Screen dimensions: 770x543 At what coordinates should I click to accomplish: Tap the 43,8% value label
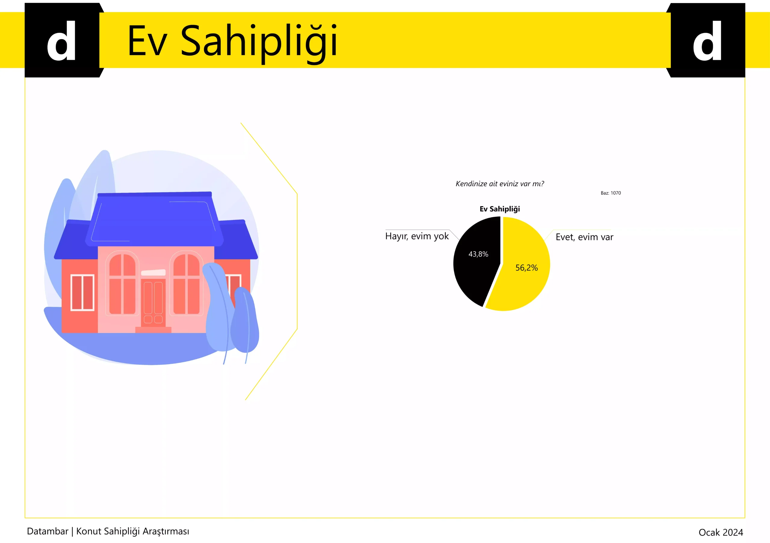(478, 254)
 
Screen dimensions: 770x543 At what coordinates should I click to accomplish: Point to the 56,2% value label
(527, 268)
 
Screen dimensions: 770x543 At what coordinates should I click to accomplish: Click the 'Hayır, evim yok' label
(417, 236)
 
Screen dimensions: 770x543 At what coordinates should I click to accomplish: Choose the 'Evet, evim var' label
(584, 237)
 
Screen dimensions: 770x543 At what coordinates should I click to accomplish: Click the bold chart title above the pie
(500, 209)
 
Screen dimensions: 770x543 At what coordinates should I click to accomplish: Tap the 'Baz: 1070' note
(611, 193)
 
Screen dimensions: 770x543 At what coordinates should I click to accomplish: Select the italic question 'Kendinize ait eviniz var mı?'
(500, 184)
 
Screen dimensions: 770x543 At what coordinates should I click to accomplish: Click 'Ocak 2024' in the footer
(721, 532)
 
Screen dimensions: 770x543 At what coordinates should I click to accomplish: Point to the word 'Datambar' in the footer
(48, 531)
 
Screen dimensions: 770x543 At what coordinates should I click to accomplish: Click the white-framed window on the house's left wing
(82, 292)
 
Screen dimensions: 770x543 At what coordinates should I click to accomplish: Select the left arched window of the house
(122, 283)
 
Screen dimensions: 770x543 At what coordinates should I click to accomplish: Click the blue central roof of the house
(154, 219)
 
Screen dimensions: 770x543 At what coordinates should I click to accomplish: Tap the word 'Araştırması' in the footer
(166, 532)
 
